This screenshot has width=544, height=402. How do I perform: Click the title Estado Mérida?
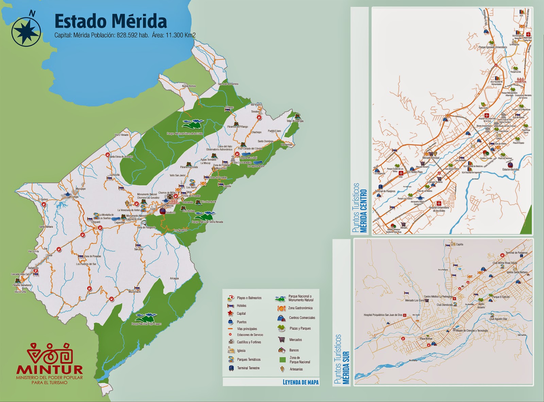(x=111, y=21)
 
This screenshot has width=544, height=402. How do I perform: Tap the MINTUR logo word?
(x=50, y=369)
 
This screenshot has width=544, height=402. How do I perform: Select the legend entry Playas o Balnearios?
(x=249, y=298)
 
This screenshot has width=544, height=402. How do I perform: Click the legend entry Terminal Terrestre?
(x=248, y=368)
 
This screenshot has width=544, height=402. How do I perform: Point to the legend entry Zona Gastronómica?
(x=300, y=308)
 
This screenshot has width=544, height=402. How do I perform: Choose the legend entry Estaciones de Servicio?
(x=250, y=335)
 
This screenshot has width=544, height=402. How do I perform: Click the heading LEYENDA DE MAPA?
(x=301, y=382)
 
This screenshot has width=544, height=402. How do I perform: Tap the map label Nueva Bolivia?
(x=189, y=86)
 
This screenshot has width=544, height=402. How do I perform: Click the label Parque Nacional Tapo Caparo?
(x=146, y=324)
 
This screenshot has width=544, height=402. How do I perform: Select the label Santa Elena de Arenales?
(x=121, y=157)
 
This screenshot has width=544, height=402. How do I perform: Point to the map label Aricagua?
(x=174, y=279)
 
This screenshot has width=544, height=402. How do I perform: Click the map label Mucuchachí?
(x=134, y=291)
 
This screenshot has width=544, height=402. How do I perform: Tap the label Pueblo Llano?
(x=274, y=131)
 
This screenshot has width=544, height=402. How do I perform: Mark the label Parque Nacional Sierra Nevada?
(x=207, y=222)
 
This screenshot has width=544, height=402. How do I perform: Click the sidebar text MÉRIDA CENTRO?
(x=364, y=211)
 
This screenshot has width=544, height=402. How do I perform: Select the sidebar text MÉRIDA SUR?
(x=346, y=368)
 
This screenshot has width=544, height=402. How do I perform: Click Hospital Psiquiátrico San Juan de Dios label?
(x=383, y=315)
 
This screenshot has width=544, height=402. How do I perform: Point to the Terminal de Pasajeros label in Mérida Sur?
(x=516, y=253)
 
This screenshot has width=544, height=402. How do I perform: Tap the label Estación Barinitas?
(x=511, y=169)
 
